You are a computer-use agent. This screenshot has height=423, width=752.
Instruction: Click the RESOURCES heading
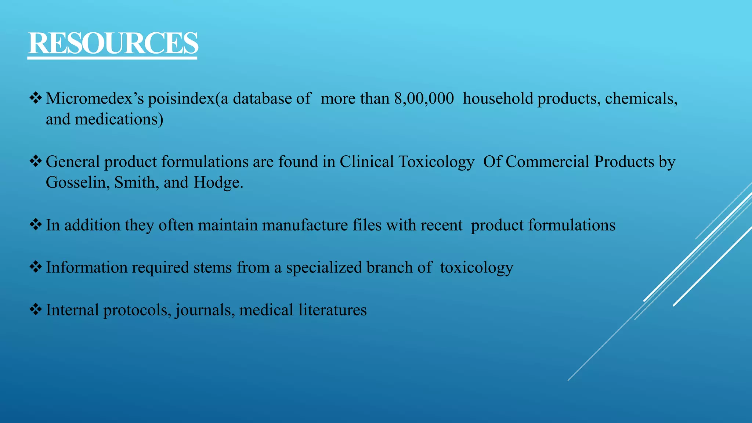(x=113, y=43)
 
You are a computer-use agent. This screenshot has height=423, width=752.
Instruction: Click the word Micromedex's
(x=95, y=98)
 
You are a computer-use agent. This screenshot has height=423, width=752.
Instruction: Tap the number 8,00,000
(x=424, y=98)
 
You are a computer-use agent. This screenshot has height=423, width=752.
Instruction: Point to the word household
(x=498, y=98)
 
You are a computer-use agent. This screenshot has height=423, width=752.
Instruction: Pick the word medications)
(x=119, y=119)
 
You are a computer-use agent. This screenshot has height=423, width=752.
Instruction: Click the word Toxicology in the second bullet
(x=436, y=162)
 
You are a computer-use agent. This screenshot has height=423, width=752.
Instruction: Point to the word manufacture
(x=305, y=225)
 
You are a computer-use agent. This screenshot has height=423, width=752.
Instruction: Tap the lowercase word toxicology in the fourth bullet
(x=476, y=268)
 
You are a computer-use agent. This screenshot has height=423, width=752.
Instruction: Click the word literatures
(x=332, y=310)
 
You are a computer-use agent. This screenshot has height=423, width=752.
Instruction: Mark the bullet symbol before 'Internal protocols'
(x=36, y=309)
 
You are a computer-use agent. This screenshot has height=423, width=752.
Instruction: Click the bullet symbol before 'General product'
(x=36, y=161)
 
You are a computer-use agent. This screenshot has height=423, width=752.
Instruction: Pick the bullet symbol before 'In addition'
(x=36, y=224)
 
